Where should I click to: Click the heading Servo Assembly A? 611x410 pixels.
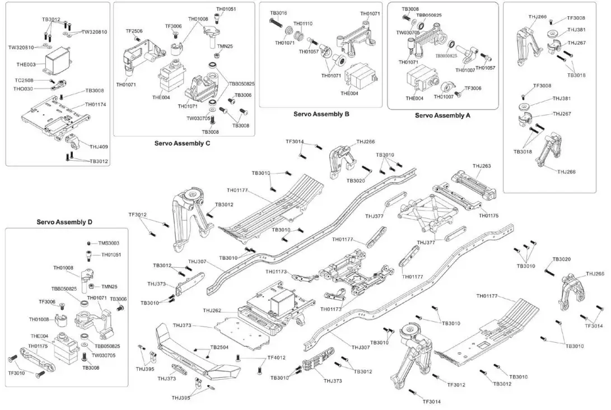(x=442, y=115)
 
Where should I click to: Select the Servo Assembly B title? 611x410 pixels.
(x=321, y=114)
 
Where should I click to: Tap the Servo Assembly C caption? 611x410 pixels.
(x=183, y=143)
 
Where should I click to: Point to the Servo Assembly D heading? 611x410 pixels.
(x=64, y=222)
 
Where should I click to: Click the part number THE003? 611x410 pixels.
(x=26, y=64)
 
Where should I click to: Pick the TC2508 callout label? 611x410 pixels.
(x=25, y=80)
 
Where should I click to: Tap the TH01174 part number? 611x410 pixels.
(x=96, y=104)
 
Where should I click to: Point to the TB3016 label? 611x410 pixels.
(x=278, y=12)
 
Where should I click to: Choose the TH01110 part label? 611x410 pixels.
(x=303, y=24)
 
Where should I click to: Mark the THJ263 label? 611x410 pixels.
(x=482, y=166)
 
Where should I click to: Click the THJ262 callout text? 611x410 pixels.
(x=212, y=310)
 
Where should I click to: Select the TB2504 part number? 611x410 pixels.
(x=220, y=347)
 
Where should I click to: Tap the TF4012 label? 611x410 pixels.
(x=277, y=357)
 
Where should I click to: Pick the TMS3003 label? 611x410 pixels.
(x=109, y=243)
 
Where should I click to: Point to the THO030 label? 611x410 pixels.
(x=23, y=88)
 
